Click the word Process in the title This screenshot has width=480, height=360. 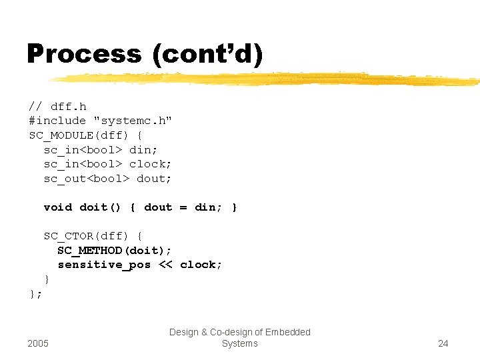(84, 53)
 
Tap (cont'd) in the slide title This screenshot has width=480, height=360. (207, 53)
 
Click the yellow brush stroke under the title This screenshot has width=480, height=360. (267, 79)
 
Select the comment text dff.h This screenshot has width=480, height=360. (68, 107)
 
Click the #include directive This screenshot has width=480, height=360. (57, 121)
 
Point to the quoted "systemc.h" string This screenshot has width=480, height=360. (133, 121)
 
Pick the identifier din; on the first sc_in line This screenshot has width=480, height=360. (143, 150)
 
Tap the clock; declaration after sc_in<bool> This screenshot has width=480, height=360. (151, 164)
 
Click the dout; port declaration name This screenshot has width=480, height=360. (154, 179)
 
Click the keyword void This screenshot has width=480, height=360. (58, 207)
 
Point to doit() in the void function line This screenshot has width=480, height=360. (100, 207)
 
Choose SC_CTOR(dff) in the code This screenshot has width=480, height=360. (86, 236)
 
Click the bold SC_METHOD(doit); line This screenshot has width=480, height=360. (115, 251)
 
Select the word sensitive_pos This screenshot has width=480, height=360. (104, 265)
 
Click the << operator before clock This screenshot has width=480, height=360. (165, 265)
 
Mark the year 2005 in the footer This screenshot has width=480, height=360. (38, 343)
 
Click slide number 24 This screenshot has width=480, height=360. (443, 343)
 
